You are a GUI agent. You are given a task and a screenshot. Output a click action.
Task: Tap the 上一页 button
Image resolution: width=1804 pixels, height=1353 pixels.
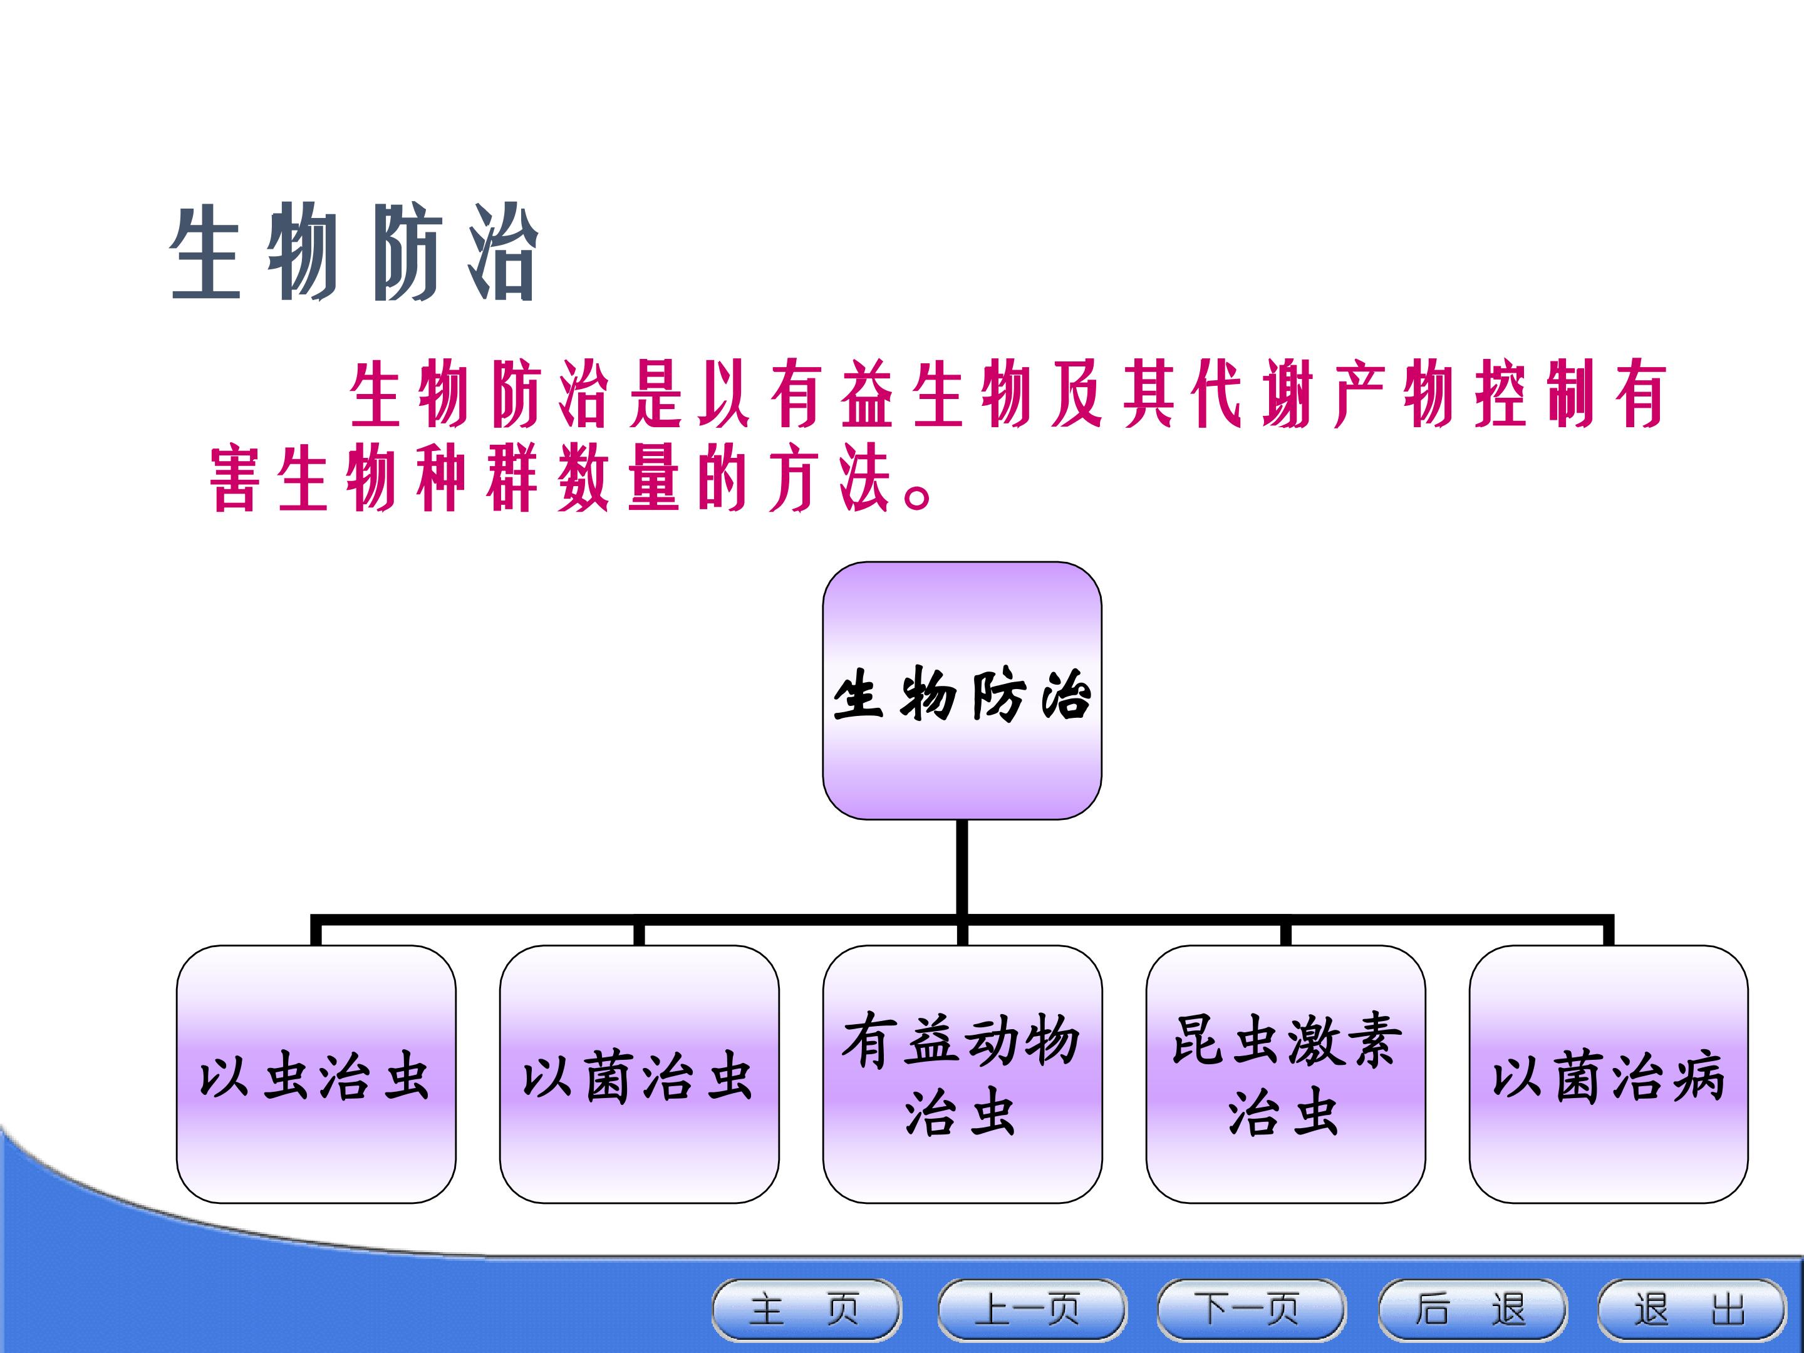point(1032,1310)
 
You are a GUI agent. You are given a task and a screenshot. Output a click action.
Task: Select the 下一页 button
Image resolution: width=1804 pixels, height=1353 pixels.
point(1251,1310)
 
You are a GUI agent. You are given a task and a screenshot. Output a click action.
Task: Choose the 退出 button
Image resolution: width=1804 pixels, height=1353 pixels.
point(1691,1310)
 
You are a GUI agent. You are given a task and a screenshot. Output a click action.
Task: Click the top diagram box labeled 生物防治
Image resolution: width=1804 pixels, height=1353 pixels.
point(962,690)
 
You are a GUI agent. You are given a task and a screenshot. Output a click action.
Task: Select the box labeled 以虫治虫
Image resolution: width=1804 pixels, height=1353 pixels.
point(316,1074)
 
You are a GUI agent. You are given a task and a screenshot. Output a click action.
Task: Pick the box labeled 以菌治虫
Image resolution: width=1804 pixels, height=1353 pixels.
point(640,1074)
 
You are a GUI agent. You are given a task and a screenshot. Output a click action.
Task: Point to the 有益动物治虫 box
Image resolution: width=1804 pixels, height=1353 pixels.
point(962,1074)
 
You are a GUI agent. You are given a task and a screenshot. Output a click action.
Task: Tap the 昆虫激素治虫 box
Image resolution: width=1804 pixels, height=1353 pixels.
point(1286,1074)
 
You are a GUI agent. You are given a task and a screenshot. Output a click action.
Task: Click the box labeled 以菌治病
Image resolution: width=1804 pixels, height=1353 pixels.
point(1609,1074)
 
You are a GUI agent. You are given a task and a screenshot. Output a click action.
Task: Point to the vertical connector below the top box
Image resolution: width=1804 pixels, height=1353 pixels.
point(962,869)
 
